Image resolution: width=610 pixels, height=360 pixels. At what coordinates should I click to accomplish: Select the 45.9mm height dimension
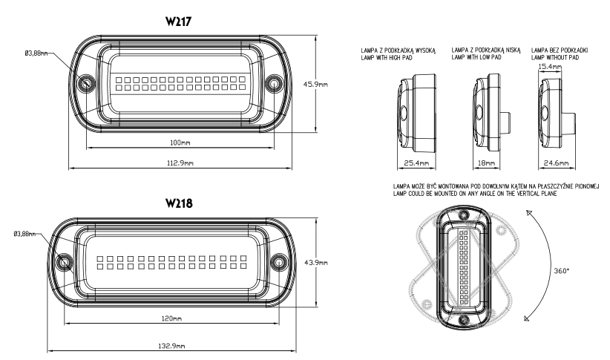[x=333, y=85]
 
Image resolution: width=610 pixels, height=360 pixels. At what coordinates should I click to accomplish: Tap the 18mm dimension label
[x=485, y=162]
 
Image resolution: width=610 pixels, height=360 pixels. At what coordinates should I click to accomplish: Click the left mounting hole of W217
[x=88, y=82]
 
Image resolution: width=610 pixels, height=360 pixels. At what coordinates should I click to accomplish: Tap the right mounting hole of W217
[x=276, y=82]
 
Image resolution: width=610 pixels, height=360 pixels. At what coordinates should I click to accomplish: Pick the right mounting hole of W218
[x=280, y=261]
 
